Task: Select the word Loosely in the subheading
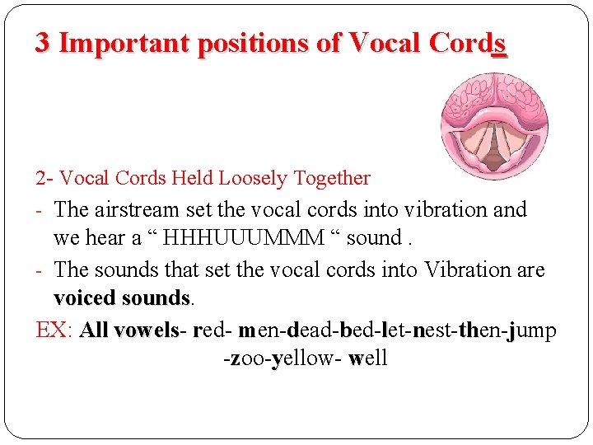click(245, 178)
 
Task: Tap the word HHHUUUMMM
click(244, 239)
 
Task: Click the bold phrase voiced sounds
click(121, 297)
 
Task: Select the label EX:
click(55, 330)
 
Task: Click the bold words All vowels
click(129, 330)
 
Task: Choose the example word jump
click(531, 330)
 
